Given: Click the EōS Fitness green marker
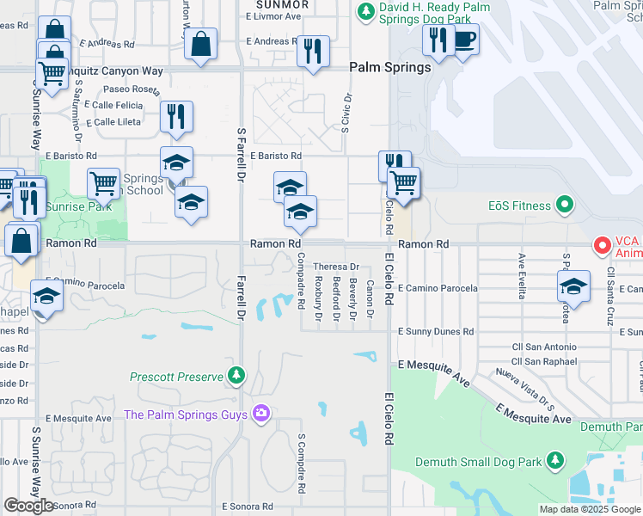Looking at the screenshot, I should tap(564, 205).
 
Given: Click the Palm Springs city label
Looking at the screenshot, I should tap(389, 68).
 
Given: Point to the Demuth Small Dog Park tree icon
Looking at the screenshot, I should tap(555, 461).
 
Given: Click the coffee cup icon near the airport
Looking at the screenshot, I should tap(464, 40).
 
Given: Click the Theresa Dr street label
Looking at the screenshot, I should tap(335, 267).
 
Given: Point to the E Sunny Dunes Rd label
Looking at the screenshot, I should tap(435, 331).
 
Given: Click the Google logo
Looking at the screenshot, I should tap(28, 506).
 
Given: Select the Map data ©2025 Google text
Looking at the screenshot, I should tap(590, 509).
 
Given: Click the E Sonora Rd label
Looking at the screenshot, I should tap(248, 507).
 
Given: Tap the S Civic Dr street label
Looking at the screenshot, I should tap(346, 113).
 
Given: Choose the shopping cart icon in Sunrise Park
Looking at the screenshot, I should tap(103, 181).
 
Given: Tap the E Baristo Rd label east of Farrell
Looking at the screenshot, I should tap(276, 157).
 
